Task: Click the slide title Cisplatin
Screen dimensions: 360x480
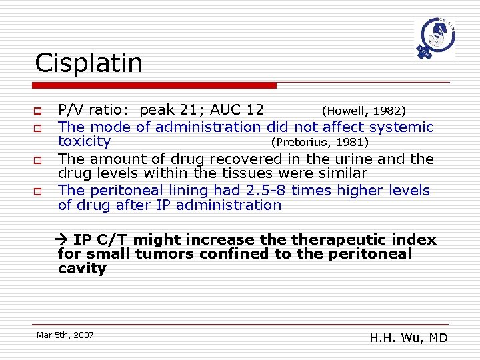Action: coord(89,63)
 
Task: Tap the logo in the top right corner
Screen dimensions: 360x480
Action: coord(435,39)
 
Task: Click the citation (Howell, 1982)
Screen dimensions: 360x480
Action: coord(364,110)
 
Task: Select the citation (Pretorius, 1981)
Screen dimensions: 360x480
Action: coord(319,142)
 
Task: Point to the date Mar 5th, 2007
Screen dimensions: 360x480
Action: coord(65,335)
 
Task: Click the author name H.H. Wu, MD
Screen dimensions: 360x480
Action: coord(409,338)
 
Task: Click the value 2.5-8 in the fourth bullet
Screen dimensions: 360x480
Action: coord(267,190)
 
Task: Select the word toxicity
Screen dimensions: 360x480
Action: coord(85,141)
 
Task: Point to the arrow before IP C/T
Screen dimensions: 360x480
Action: coord(64,240)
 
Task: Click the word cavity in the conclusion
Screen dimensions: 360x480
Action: coord(82,269)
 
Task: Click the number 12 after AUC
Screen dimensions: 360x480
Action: coord(255,110)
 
